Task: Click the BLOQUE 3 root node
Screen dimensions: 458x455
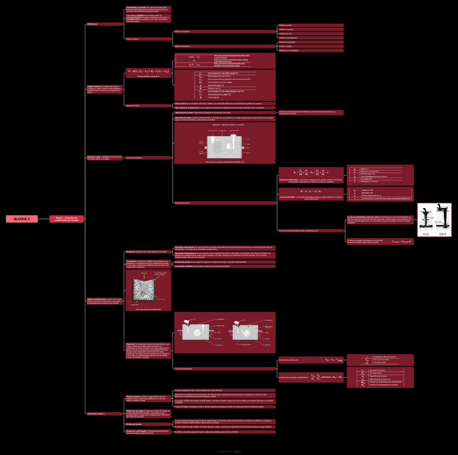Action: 22,219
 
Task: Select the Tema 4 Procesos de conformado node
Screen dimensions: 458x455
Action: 66,219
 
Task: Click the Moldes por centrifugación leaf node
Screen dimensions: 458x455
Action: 311,50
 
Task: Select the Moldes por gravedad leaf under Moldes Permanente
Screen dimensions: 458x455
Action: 311,42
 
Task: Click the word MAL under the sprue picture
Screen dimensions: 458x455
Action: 426,234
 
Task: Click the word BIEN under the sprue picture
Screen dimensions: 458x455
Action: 443,234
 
